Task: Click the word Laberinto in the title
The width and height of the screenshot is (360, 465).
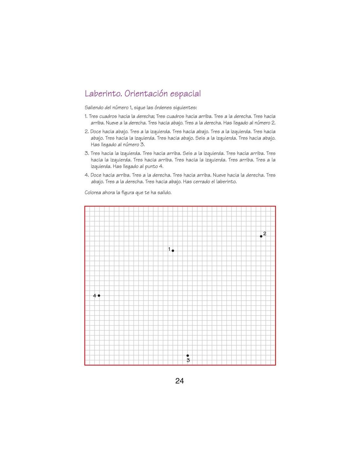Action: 103,94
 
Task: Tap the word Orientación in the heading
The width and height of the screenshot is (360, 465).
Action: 147,94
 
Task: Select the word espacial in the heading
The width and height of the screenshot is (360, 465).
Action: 186,94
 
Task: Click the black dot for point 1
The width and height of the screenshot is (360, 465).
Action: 173,251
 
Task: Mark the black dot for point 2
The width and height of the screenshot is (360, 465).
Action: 261,236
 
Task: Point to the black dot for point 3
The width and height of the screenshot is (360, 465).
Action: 188,355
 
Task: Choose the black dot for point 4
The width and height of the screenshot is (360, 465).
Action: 99,296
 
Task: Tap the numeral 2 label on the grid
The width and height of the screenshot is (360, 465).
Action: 265,233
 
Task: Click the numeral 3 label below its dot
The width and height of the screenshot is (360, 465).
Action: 188,360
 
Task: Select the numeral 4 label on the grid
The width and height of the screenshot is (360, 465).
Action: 95,296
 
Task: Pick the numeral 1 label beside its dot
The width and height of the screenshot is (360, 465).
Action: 170,249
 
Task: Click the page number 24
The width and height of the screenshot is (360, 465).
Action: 180,381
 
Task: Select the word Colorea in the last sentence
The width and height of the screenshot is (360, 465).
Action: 93,193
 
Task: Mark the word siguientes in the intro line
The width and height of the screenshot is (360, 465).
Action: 185,108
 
